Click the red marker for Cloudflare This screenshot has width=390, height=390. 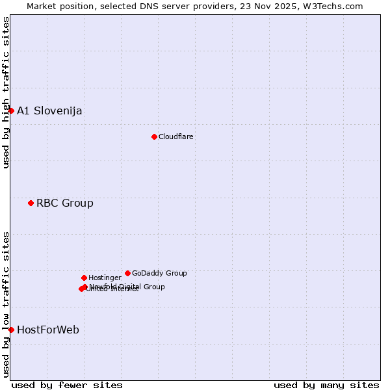click(x=154, y=136)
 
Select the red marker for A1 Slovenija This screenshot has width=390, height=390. click(x=11, y=110)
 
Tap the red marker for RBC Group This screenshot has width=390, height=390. click(x=31, y=203)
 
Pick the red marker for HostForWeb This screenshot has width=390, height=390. click(x=11, y=330)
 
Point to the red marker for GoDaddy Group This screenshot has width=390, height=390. click(x=127, y=273)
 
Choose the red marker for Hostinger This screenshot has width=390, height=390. click(x=84, y=278)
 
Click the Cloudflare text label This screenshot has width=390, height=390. click(x=176, y=136)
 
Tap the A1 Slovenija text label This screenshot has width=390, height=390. click(x=49, y=110)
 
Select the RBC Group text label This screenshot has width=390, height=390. click(x=65, y=203)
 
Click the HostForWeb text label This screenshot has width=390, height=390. click(x=48, y=330)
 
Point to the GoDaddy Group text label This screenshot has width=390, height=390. click(x=159, y=273)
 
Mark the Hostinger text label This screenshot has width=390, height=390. click(x=105, y=278)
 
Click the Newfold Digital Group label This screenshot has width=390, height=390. click(x=127, y=286)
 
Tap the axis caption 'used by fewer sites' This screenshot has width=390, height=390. click(x=67, y=385)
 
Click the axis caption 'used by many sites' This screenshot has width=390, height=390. click(x=326, y=385)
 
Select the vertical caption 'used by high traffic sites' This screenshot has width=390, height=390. click(x=6, y=92)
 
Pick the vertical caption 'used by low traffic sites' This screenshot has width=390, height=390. click(x=6, y=304)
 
